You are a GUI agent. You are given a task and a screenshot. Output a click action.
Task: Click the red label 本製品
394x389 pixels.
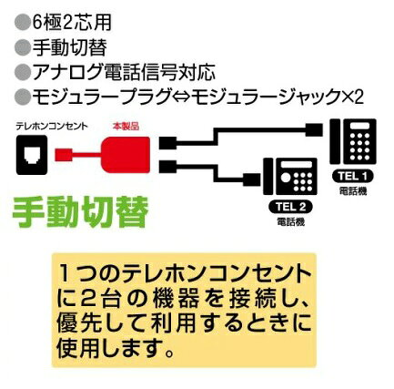126,126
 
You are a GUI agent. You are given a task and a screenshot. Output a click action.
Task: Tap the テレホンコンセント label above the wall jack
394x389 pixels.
52,126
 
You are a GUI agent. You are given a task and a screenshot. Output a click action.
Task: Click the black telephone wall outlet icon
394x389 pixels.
32,155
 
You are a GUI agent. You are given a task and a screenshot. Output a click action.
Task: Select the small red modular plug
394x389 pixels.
64,155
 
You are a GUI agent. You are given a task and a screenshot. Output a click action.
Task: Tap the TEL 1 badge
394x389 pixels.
352,176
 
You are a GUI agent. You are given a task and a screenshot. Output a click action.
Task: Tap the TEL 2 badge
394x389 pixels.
290,207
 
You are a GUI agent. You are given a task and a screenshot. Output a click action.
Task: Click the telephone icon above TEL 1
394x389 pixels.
353,141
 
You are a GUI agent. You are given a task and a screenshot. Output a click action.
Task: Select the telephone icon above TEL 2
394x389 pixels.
290,177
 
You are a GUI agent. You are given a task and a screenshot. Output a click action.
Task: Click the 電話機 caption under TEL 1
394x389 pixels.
353,191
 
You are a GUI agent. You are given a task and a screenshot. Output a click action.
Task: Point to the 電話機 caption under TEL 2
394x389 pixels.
290,222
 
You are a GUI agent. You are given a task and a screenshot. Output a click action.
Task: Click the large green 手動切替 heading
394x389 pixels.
80,212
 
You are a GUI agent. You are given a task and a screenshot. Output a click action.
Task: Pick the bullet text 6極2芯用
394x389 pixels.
72,23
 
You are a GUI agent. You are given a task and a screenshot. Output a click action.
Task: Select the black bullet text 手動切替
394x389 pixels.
70,47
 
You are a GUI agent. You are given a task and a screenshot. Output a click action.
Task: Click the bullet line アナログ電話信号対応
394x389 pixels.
124,72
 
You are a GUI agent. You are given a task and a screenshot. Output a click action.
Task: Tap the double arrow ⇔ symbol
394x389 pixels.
180,97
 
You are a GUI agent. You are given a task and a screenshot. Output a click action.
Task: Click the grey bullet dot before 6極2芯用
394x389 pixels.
23,23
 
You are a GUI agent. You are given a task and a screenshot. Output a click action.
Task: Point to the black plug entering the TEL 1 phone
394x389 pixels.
314,130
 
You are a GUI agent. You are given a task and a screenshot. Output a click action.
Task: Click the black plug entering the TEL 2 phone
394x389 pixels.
252,179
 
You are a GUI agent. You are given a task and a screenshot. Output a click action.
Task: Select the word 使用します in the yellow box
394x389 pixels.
116,348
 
